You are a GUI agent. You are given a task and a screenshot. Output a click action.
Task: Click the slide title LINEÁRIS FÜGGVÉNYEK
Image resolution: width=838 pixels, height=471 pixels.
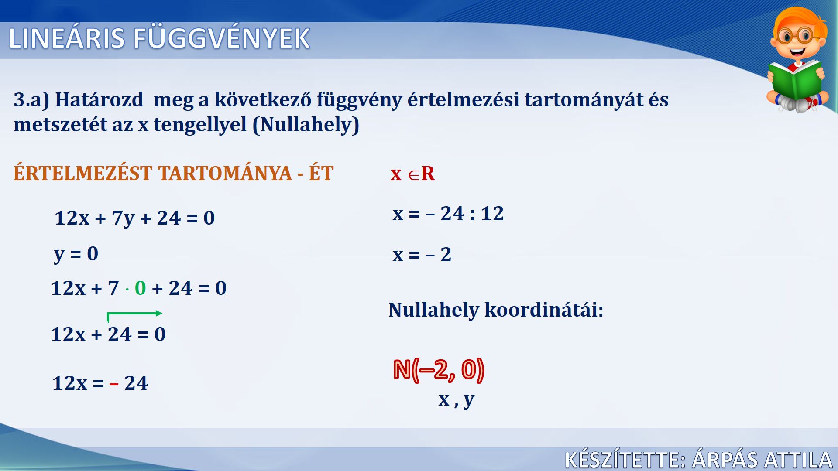(159, 38)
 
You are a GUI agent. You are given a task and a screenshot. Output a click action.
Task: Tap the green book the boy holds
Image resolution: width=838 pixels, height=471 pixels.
(795, 81)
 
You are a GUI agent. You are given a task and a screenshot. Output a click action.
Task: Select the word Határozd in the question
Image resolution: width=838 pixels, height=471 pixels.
(99, 99)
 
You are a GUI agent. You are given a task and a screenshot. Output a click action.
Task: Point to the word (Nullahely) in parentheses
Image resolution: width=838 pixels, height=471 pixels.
(306, 125)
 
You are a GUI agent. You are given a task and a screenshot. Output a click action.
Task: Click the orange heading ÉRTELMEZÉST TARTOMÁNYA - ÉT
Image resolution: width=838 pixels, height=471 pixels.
(173, 173)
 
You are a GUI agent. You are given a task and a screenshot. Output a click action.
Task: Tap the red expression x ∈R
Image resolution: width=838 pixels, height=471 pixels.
(412, 174)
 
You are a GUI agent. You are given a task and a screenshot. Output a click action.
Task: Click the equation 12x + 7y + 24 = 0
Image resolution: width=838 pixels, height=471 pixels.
(134, 218)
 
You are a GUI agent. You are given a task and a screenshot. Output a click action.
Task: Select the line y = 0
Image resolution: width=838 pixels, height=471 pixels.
(76, 254)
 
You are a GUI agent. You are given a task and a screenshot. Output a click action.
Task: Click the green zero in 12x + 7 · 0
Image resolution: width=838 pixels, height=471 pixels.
(141, 288)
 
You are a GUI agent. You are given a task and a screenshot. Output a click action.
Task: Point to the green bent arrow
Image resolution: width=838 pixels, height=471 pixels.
(134, 313)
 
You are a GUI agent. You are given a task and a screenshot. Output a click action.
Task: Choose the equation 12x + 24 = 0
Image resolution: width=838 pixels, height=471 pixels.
(108, 334)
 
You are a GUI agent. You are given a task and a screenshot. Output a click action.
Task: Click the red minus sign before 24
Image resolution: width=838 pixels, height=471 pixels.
(114, 384)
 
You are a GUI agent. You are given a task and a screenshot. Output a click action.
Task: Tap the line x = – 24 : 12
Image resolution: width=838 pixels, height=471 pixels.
(448, 214)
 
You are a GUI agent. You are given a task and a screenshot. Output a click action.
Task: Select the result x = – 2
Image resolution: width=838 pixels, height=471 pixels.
(422, 255)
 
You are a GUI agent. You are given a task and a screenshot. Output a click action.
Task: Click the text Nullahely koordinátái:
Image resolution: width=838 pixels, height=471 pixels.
(496, 310)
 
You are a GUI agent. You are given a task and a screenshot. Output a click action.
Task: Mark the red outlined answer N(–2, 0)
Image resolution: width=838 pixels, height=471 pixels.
(439, 370)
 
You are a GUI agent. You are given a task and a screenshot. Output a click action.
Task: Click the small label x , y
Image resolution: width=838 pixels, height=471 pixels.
(456, 399)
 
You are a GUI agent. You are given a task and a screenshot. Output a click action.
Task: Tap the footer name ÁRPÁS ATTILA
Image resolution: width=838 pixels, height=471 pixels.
(762, 460)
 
